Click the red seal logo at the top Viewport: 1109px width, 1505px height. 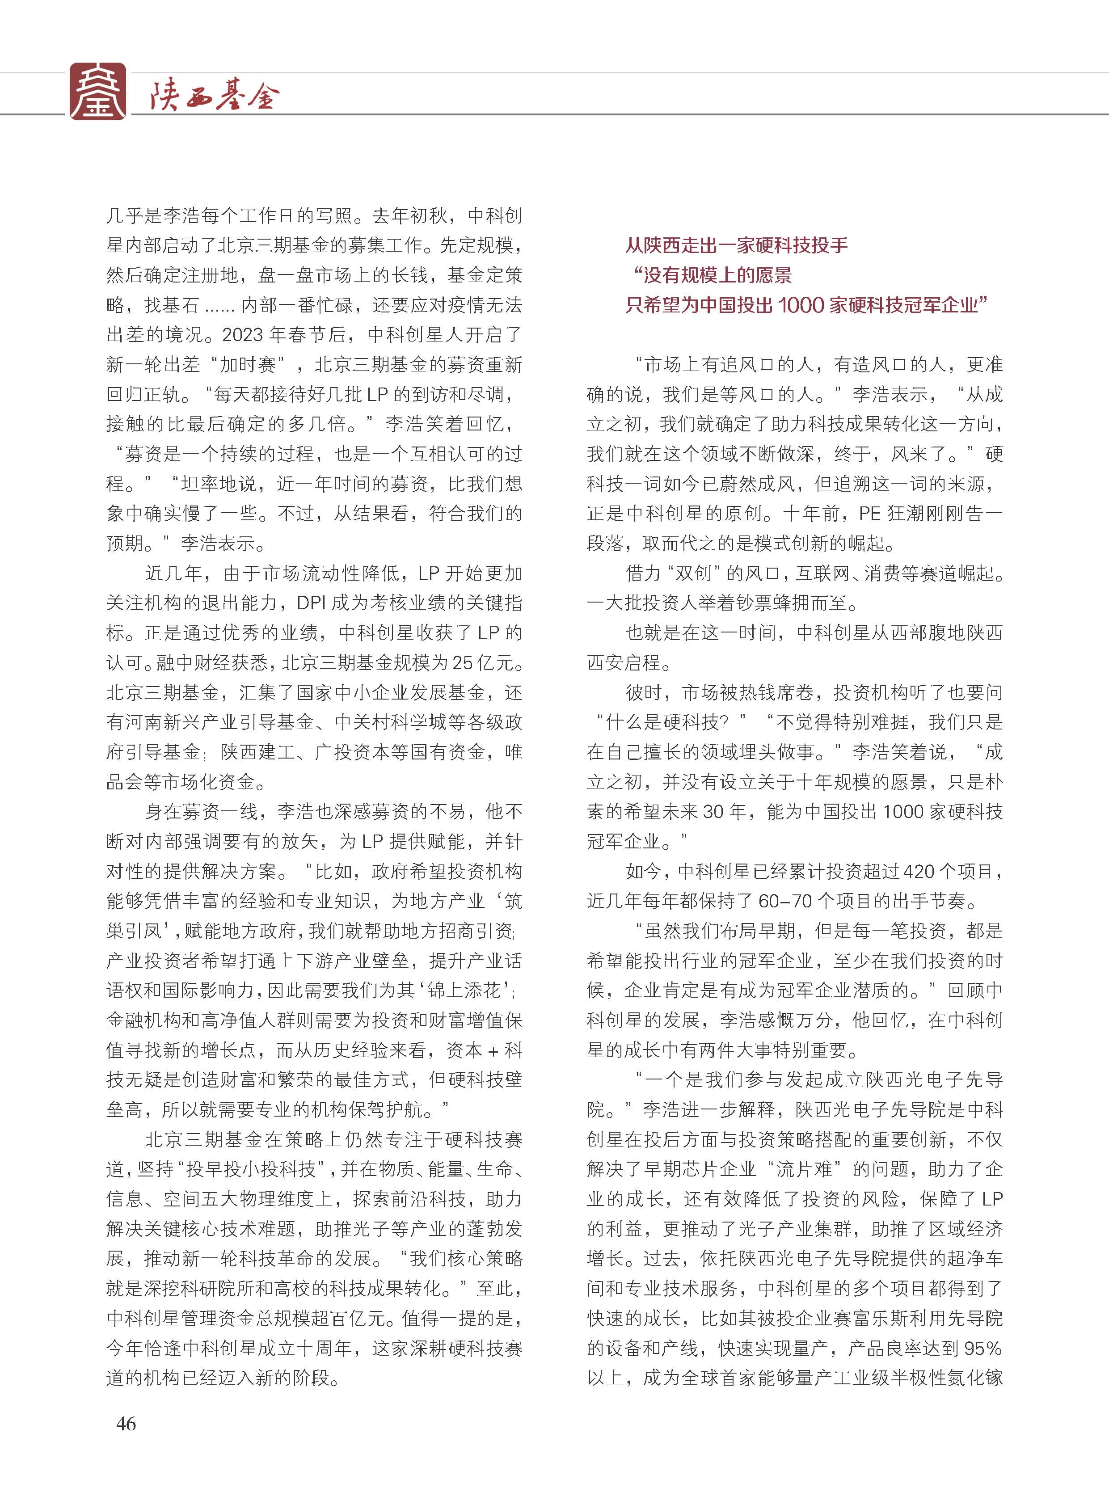[97, 92]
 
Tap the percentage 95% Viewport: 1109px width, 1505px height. [982, 1348]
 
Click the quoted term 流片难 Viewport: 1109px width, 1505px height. [804, 1169]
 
